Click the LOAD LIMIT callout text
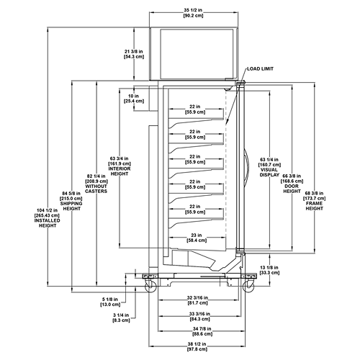[x=260, y=69]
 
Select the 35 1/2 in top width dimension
[x=193, y=13]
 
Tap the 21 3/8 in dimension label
[x=134, y=54]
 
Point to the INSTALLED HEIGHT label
[x=48, y=223]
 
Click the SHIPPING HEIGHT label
[x=71, y=206]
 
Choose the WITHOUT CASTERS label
[x=96, y=189]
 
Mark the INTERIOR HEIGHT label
[x=120, y=171]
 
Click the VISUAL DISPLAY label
[x=270, y=172]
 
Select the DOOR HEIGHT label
[x=292, y=189]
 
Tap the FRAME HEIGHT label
[x=314, y=206]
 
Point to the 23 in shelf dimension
[x=197, y=238]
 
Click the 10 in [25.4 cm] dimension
[x=134, y=99]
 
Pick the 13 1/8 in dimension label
[x=269, y=270]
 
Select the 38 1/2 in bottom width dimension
[x=197, y=346]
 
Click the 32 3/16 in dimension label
[x=197, y=300]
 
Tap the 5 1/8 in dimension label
[x=110, y=302]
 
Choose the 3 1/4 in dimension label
[x=121, y=318]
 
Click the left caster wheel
[x=150, y=287]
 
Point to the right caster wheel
[x=248, y=287]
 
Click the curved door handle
[x=246, y=166]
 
